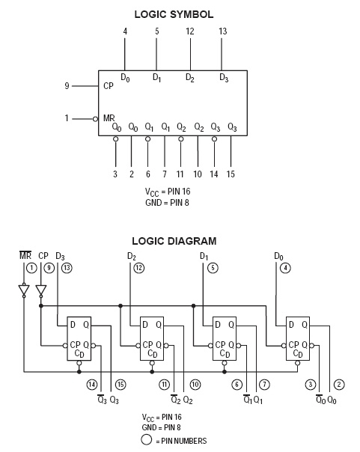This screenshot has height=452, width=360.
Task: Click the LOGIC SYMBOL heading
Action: point(174,14)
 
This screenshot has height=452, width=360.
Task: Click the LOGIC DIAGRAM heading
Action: point(174,241)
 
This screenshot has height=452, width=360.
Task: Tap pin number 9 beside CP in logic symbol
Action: point(67,86)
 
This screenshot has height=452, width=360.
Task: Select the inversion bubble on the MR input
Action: point(95,119)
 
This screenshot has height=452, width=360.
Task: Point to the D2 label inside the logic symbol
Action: point(190,78)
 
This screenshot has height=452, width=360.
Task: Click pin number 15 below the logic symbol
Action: point(231,174)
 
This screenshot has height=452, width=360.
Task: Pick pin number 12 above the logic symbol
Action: point(190,31)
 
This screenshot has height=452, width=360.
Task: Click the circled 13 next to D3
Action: point(67,268)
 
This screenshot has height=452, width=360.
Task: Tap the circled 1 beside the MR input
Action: point(31,268)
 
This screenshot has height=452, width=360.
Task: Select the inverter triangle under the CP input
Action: point(41,290)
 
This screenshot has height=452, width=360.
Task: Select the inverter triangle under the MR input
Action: point(24,290)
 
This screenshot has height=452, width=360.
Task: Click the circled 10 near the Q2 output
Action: point(195,384)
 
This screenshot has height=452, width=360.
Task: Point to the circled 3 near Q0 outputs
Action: point(311,384)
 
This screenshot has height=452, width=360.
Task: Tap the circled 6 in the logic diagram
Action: point(237,384)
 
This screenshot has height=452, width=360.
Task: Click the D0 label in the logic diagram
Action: point(278,256)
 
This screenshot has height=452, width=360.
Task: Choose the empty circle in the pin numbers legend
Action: point(146,440)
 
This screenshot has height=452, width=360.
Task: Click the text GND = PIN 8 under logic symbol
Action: point(167,203)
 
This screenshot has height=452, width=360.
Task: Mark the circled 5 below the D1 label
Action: point(213,268)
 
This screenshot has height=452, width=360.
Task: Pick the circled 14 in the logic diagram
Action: point(92,384)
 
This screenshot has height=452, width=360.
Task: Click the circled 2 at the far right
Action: point(339,384)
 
